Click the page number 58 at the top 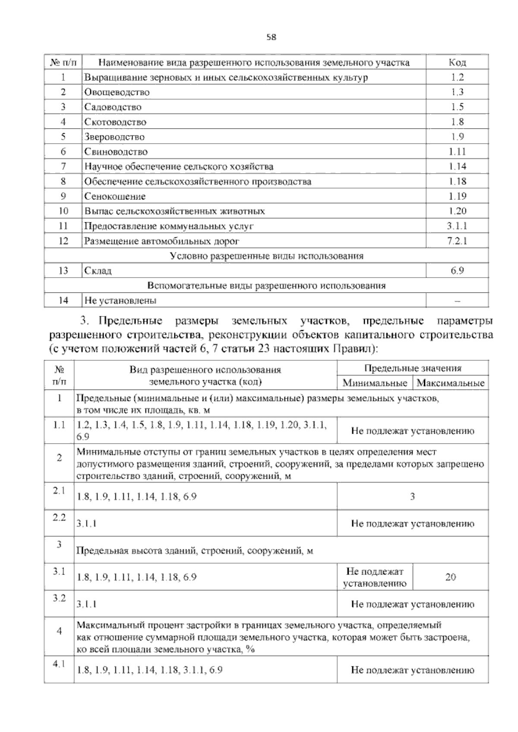[x=271, y=37]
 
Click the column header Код [x=457, y=63]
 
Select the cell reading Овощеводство [x=117, y=92]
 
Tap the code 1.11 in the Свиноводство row [x=457, y=151]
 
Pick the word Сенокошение [x=115, y=196]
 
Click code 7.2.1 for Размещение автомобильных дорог [x=457, y=241]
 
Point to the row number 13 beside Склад [x=63, y=271]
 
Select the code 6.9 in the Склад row [x=457, y=271]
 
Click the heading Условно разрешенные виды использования [x=267, y=256]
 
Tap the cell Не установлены [x=120, y=300]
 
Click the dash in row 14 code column [x=457, y=301]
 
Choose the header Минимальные [x=375, y=383]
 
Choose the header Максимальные [x=451, y=383]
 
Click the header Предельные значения [x=412, y=368]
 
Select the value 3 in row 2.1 [x=412, y=496]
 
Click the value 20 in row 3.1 [x=450, y=577]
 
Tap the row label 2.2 [x=59, y=517]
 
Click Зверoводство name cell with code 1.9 [x=114, y=137]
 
